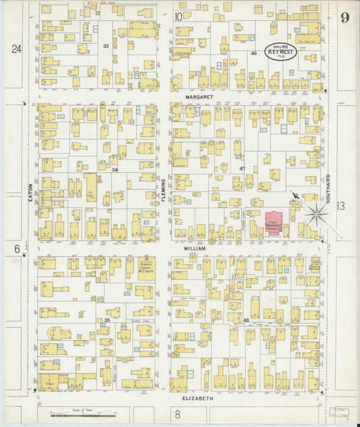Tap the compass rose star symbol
(x=315, y=215)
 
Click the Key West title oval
(x=280, y=51)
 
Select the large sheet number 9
(x=344, y=17)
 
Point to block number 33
(x=105, y=45)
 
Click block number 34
(x=115, y=170)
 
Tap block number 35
(x=107, y=320)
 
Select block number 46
(x=253, y=53)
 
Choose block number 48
(x=246, y=320)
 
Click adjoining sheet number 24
(x=16, y=48)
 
